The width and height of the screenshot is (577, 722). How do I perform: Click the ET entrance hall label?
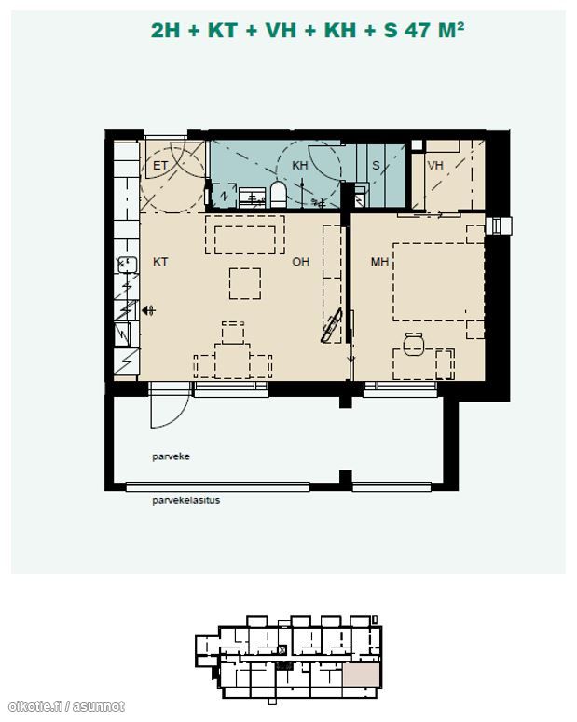(x=160, y=165)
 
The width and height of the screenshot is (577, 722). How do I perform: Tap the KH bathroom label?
(x=299, y=165)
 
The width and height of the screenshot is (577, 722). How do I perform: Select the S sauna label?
(x=376, y=165)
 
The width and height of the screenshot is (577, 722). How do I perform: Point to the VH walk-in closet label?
(x=435, y=165)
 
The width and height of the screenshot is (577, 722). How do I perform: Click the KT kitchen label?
(x=160, y=262)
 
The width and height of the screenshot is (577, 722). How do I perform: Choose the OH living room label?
(x=300, y=262)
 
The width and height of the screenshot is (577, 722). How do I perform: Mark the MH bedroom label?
(x=379, y=262)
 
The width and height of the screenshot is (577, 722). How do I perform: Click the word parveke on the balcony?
(x=171, y=456)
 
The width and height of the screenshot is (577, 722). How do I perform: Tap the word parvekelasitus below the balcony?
(x=185, y=500)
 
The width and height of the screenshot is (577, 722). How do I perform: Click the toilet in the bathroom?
(x=278, y=195)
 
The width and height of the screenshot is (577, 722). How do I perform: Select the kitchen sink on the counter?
(x=128, y=265)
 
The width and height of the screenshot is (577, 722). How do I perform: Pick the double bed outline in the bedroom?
(x=438, y=281)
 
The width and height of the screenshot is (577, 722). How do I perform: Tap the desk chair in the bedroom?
(x=413, y=344)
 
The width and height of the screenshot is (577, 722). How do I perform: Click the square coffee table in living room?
(x=245, y=283)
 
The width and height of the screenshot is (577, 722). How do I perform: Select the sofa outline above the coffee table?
(x=245, y=235)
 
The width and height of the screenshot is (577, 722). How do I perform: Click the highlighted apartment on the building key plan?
(x=362, y=675)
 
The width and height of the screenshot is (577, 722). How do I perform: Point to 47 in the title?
(x=417, y=31)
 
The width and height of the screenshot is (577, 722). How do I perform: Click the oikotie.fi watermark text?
(x=67, y=706)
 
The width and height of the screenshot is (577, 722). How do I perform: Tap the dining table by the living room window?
(x=232, y=361)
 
